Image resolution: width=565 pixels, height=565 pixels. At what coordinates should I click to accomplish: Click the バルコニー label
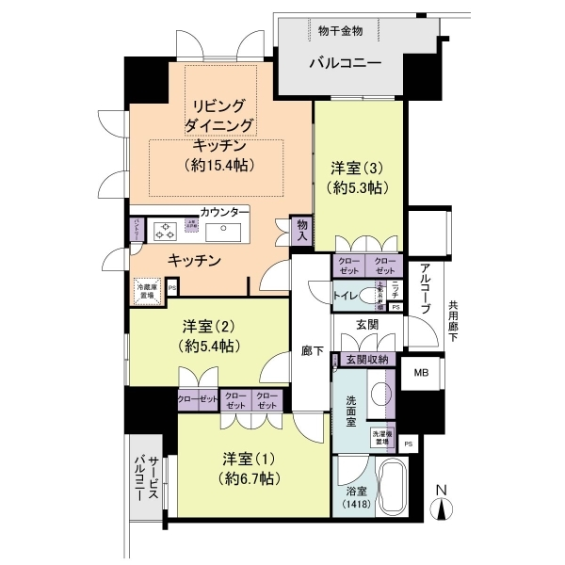(x=347, y=67)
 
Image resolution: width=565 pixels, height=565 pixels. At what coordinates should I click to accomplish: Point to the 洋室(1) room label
(x=249, y=460)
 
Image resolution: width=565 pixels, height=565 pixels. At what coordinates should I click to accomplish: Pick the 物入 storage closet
(x=301, y=231)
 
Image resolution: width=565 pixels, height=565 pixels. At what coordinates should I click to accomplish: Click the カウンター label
(x=225, y=211)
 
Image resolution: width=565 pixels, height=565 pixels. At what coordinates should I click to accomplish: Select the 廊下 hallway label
(x=314, y=351)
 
